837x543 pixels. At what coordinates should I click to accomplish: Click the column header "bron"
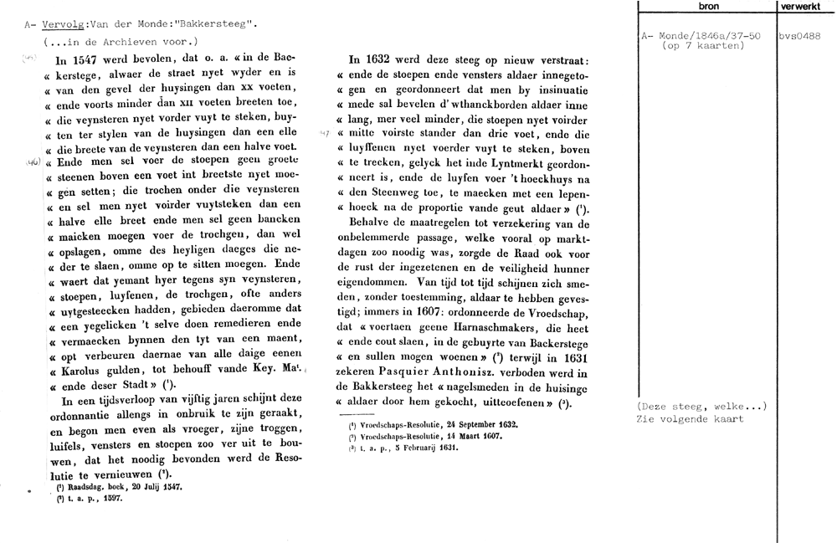click(706, 6)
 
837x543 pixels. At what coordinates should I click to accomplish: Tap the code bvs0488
click(798, 37)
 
